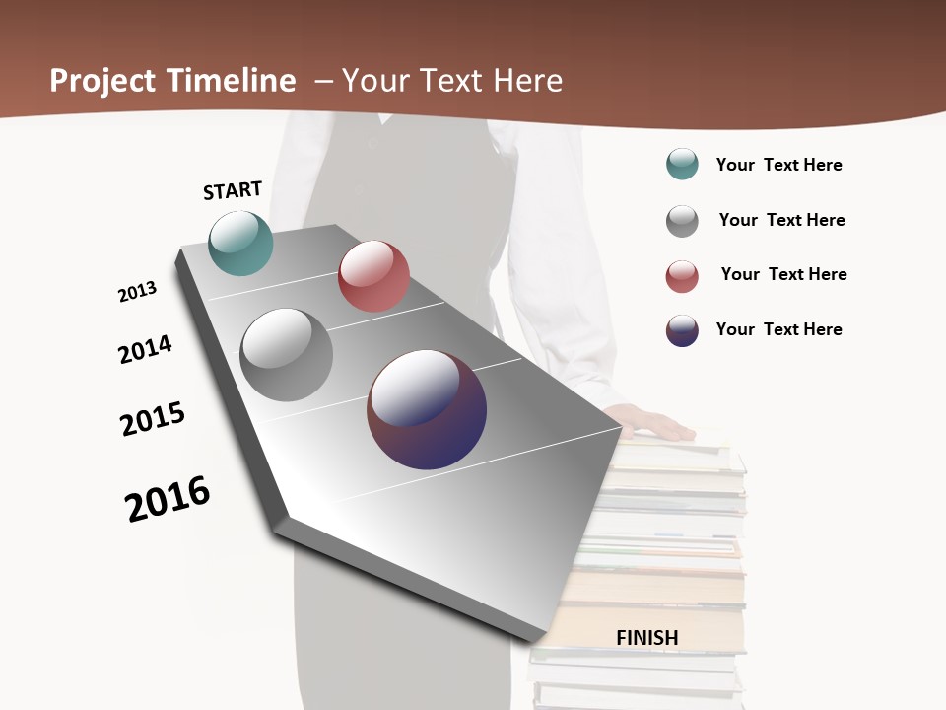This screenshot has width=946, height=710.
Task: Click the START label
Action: point(233,190)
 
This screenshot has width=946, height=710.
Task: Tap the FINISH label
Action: point(647,638)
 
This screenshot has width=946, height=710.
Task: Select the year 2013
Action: point(137,292)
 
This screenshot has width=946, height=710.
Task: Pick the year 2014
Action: point(145,350)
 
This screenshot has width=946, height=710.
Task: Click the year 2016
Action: point(168,499)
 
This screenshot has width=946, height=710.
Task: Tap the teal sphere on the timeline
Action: point(241,243)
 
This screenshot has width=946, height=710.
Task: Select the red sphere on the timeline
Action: point(373,276)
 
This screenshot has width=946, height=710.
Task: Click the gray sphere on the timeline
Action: point(287,355)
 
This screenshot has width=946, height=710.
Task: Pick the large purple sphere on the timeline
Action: point(427,409)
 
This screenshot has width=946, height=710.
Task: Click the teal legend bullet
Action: point(682,165)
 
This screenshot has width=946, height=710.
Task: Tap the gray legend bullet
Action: point(682,221)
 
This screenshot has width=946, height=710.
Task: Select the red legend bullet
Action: point(682,276)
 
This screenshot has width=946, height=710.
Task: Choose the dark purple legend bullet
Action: point(682,330)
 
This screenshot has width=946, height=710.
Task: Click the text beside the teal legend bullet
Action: point(778,165)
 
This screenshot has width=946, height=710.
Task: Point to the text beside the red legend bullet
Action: point(783,274)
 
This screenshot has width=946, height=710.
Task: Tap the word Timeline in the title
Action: point(233,81)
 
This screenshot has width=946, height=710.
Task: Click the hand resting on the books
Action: point(650,424)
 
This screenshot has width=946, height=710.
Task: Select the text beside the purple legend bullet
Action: point(778,329)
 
